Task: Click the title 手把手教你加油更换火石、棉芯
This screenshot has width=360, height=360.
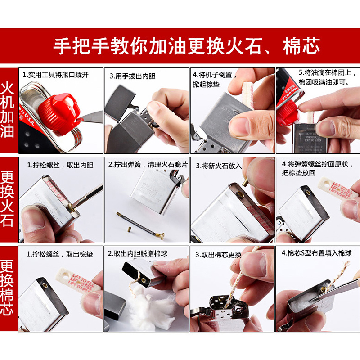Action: pyautogui.click(x=186, y=46)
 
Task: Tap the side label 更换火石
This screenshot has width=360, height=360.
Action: pyautogui.click(x=9, y=198)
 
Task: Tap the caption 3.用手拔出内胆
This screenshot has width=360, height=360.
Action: pyautogui.click(x=132, y=76)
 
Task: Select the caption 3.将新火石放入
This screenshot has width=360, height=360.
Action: pyautogui.click(x=218, y=166)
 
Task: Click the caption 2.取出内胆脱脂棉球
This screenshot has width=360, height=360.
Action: pyautogui.click(x=137, y=253)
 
